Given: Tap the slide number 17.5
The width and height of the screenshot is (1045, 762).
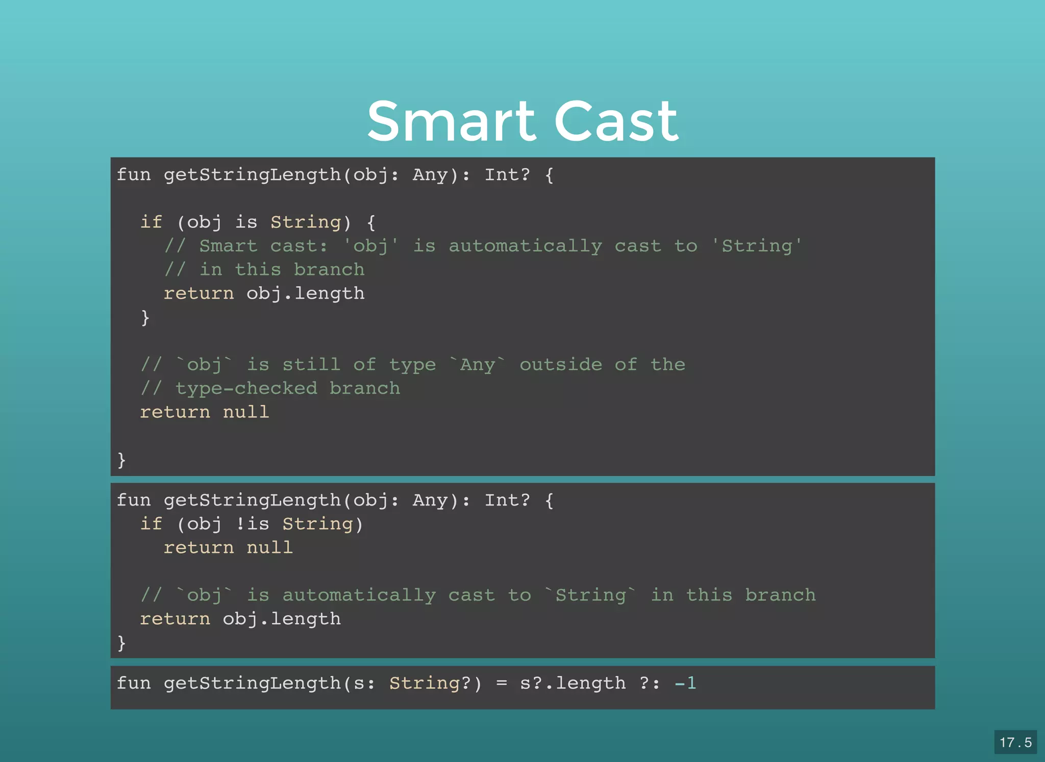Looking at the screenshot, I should coord(1015,742).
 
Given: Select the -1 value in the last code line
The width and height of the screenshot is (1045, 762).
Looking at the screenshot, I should coord(685,683).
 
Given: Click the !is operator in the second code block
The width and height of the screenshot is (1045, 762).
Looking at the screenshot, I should coord(252,524).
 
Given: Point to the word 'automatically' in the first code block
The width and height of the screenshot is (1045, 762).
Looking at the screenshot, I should coord(525,246).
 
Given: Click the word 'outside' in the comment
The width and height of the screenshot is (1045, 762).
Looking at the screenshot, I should coord(561,365).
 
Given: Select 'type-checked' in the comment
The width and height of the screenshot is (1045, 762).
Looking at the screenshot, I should coord(246,389).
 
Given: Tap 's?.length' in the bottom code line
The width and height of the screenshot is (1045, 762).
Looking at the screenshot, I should coord(573,683).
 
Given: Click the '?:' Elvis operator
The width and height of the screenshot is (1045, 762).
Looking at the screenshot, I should coord(650,683).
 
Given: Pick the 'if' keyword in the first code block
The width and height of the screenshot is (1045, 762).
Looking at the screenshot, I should coord(151,222).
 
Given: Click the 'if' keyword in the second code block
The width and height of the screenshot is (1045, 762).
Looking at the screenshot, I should coord(151,524).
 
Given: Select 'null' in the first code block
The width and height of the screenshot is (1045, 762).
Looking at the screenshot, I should coord(246,412).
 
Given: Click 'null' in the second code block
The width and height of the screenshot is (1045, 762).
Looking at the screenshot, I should coord(269,548).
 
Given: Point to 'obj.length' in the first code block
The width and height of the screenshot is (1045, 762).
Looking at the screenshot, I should coord(305,294).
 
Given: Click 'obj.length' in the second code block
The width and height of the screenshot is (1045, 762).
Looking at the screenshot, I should coord(282,619).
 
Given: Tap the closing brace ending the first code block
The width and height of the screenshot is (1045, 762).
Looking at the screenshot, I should coord(121,460).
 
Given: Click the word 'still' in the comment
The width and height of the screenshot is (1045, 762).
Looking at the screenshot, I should coord(311,365).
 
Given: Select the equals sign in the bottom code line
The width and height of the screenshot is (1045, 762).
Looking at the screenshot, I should coord(502,683).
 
